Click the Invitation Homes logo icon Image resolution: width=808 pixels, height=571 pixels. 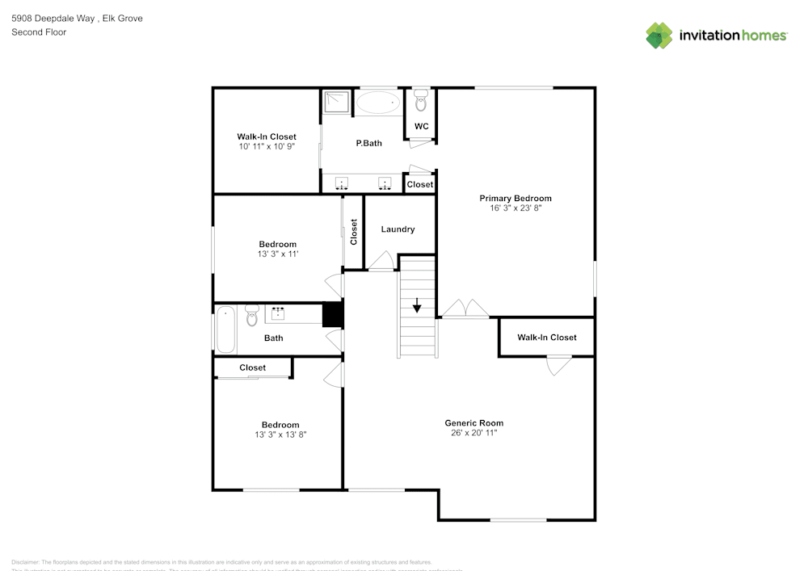[659, 36]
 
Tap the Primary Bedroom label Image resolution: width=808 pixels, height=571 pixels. [516, 198]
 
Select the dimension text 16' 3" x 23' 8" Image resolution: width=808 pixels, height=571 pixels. [516, 208]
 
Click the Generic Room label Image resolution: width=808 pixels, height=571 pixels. [474, 422]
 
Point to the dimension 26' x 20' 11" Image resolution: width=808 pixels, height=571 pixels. [474, 433]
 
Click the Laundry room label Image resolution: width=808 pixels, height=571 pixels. [398, 229]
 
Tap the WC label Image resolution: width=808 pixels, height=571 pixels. [421, 127]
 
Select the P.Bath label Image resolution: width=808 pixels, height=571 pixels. [368, 143]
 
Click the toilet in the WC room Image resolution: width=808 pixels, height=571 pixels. [420, 100]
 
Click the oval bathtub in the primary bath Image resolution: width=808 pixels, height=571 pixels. [378, 103]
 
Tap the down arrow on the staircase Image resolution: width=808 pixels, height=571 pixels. [417, 306]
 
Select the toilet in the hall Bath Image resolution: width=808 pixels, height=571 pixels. [251, 316]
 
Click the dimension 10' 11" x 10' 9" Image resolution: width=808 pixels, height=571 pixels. [266, 147]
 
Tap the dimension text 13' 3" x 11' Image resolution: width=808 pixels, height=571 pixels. [277, 254]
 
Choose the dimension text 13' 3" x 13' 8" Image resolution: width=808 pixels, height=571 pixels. [280, 435]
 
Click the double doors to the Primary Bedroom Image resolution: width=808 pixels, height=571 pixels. [465, 309]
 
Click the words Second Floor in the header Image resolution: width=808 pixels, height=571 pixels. [39, 32]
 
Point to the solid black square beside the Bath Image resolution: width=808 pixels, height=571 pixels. [333, 314]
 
